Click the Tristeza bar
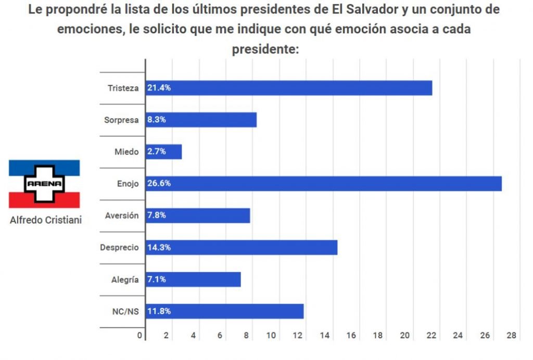[x=289, y=88]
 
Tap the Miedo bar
[x=164, y=152]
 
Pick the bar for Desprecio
[x=242, y=248]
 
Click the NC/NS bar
[x=224, y=312]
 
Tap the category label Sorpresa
[x=121, y=120]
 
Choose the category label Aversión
[x=122, y=215]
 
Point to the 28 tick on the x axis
[x=511, y=336]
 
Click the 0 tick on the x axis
[x=139, y=336]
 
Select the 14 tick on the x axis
[x=325, y=336]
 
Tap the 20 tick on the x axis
[x=405, y=336]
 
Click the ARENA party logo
[x=44, y=184]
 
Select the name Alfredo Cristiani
[x=46, y=220]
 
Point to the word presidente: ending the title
[x=266, y=49]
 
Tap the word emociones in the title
[x=89, y=30]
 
